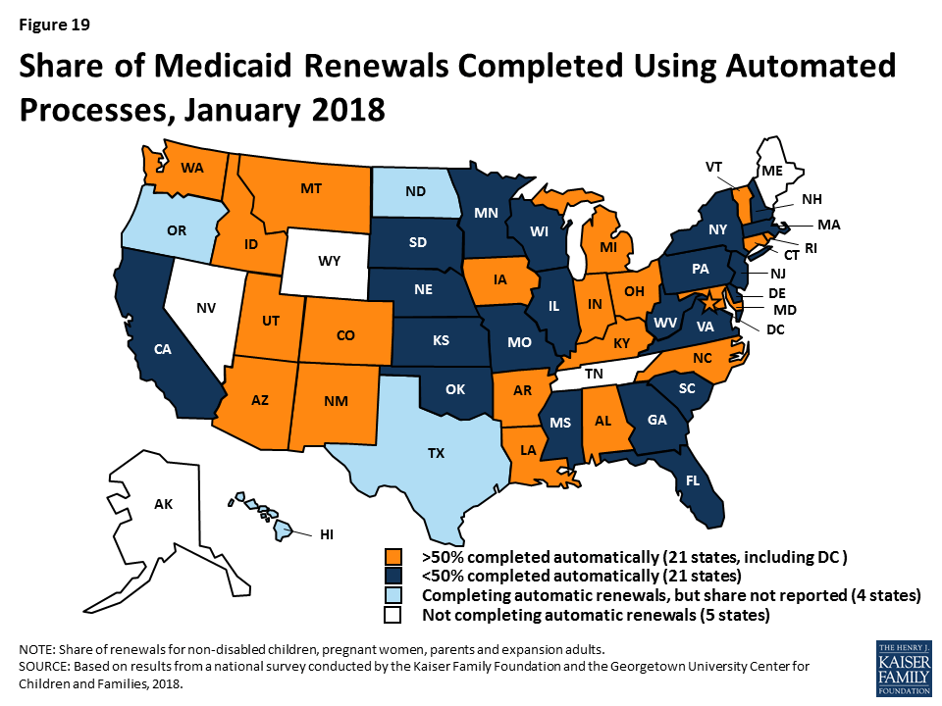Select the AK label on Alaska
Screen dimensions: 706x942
click(x=163, y=504)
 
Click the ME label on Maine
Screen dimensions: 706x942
click(x=772, y=170)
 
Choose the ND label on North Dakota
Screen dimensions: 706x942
click(x=415, y=191)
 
